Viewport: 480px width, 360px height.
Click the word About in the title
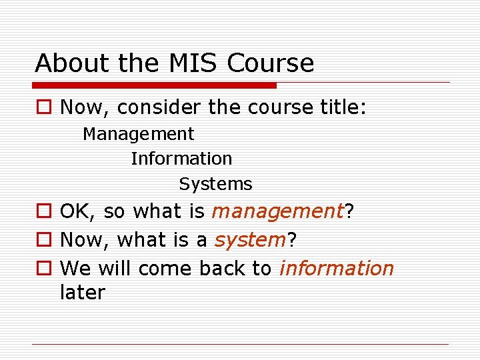pos(72,63)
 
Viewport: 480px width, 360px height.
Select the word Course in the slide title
pos(270,63)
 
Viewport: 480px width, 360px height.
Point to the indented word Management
pos(139,134)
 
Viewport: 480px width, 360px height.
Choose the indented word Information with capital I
pos(181,159)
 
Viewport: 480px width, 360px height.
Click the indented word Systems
pos(215,183)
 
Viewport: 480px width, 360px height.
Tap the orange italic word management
pos(277,212)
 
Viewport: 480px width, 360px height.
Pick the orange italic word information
pos(337,268)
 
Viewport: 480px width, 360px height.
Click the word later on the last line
pos(83,293)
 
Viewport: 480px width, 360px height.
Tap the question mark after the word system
pos(291,240)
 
